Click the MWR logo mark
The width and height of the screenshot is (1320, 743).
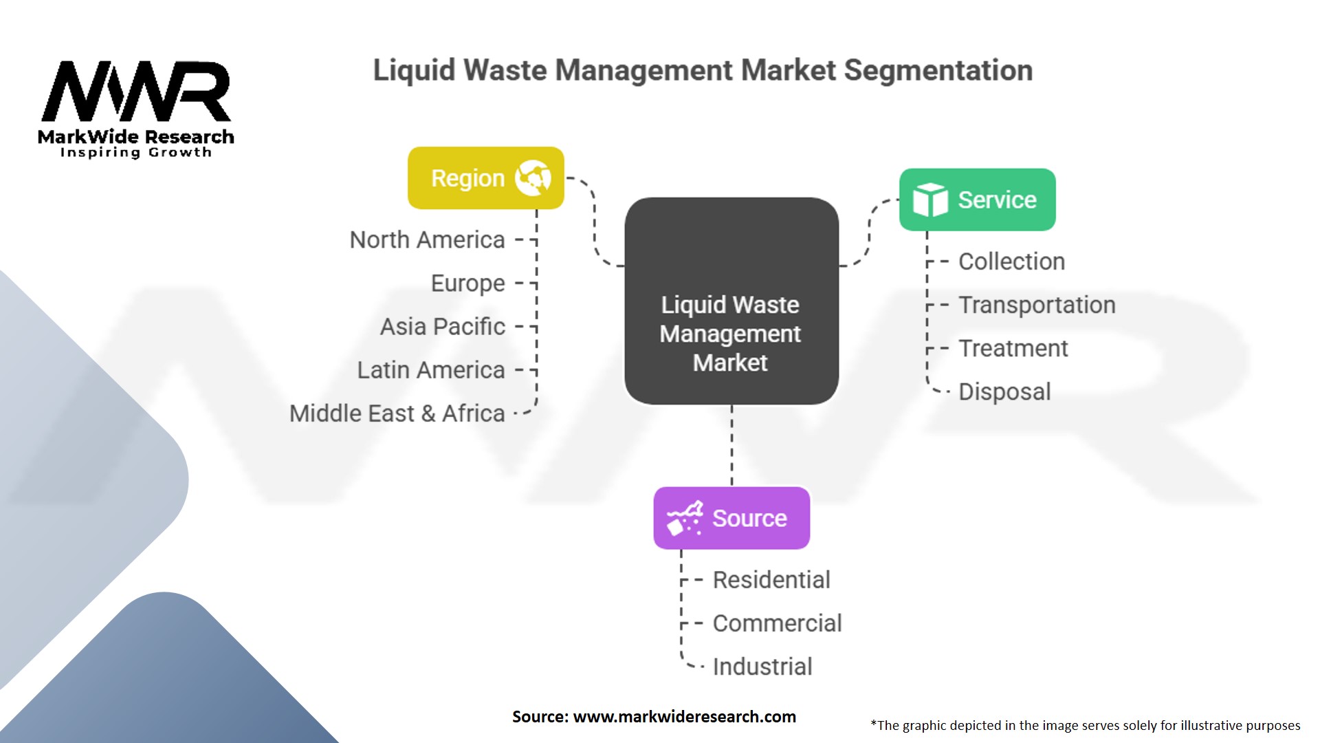(x=136, y=91)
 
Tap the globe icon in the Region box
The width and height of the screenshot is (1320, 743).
(x=533, y=177)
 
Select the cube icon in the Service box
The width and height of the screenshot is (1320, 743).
(x=929, y=200)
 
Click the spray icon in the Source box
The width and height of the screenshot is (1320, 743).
(x=684, y=518)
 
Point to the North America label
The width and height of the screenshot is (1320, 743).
(x=427, y=240)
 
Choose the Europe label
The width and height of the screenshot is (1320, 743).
(x=467, y=283)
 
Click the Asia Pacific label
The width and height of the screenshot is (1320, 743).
(x=442, y=327)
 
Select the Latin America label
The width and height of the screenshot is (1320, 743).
(x=430, y=370)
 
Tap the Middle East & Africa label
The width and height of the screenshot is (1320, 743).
(x=397, y=413)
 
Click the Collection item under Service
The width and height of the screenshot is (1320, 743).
(x=1011, y=261)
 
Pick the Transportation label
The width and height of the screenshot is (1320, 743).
(x=1037, y=305)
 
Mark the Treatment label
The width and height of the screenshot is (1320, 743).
(x=1013, y=348)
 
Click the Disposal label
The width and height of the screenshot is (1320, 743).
(x=1004, y=391)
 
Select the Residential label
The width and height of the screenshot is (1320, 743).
(x=771, y=580)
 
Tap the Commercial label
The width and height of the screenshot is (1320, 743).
(x=777, y=623)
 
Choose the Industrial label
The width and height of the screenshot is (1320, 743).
(x=762, y=667)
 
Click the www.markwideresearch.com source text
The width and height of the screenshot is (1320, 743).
(x=684, y=717)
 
